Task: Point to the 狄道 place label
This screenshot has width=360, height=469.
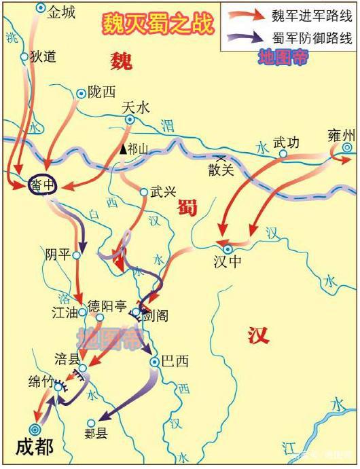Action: pyautogui.click(x=43, y=56)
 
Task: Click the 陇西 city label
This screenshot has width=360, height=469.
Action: pyautogui.click(x=102, y=93)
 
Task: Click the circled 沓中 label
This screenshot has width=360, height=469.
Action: pyautogui.click(x=41, y=185)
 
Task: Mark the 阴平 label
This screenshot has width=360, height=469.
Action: pyautogui.click(x=58, y=255)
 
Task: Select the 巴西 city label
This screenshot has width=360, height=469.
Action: pyautogui.click(x=175, y=362)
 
